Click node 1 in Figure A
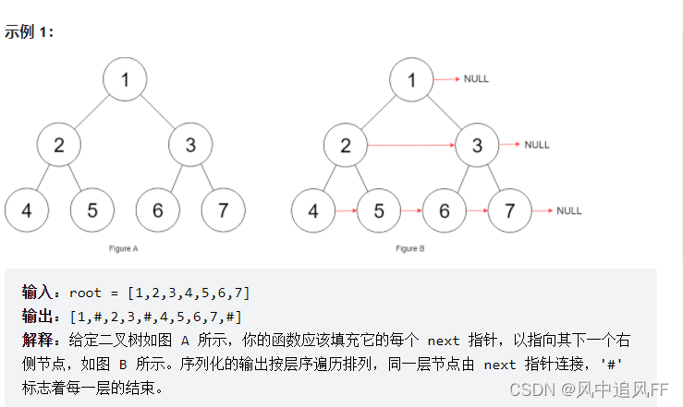125,79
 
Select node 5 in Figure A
92,210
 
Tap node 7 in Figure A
223,210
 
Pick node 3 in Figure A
190,145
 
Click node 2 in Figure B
346,145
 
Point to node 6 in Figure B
445,210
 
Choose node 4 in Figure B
313,210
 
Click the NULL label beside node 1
476,78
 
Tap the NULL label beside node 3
537,145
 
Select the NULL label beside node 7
569,210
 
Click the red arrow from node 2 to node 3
411,145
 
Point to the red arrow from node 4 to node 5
347,210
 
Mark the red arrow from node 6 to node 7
478,210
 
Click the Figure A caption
123,248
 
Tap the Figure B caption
409,248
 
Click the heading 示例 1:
29,31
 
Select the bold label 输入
37,293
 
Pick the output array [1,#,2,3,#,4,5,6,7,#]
156,317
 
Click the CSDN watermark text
589,389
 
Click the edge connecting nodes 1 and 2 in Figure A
91,112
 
